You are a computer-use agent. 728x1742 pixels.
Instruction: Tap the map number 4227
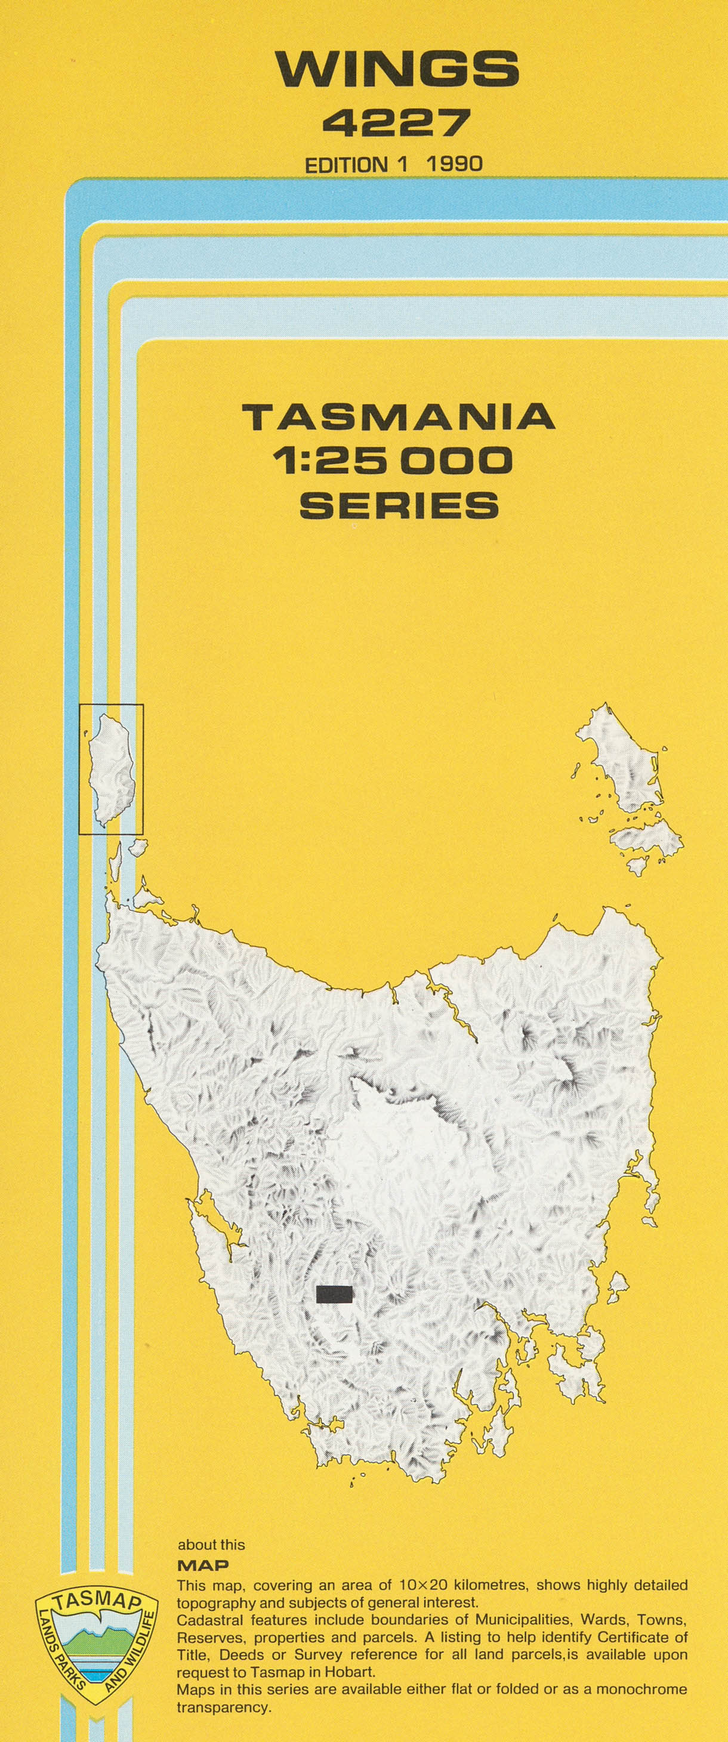(x=396, y=123)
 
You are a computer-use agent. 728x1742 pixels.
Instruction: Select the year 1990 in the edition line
(x=454, y=164)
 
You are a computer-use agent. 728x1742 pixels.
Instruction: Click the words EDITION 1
(x=356, y=165)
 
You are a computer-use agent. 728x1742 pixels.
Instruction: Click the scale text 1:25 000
(x=393, y=461)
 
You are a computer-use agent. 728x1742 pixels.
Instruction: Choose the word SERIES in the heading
(x=399, y=505)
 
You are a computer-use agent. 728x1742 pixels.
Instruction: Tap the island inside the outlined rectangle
(x=113, y=769)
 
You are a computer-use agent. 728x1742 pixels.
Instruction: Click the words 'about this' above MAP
(x=211, y=1545)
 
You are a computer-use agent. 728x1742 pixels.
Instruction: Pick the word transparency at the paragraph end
(x=223, y=1707)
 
